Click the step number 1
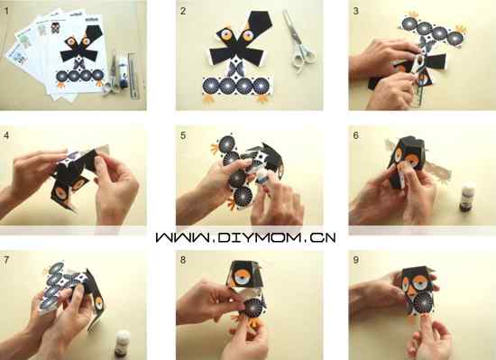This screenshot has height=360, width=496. point(6,12)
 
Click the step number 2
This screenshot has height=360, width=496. point(183,12)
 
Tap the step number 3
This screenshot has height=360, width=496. point(356,12)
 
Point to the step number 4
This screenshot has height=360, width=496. point(6,135)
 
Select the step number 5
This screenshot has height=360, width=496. point(183,135)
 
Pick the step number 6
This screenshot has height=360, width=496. point(356,135)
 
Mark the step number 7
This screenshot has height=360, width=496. point(6,260)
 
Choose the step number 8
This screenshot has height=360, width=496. point(183,260)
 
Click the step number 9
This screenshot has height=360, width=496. point(356,260)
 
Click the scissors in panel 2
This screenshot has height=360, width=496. point(299,42)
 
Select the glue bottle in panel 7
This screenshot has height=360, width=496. point(122,343)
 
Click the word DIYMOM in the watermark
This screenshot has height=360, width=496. point(259,237)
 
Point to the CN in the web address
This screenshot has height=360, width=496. point(323,237)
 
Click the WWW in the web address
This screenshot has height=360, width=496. point(182,237)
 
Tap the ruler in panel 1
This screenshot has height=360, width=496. point(133,76)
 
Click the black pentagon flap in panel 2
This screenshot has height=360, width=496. point(260,24)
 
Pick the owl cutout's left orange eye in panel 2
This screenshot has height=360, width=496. point(226,35)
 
